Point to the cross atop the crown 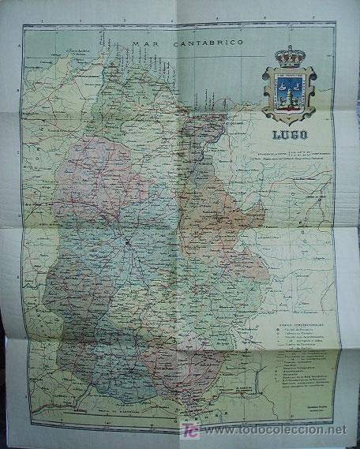coord(293,47)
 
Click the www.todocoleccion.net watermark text coord(272,430)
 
